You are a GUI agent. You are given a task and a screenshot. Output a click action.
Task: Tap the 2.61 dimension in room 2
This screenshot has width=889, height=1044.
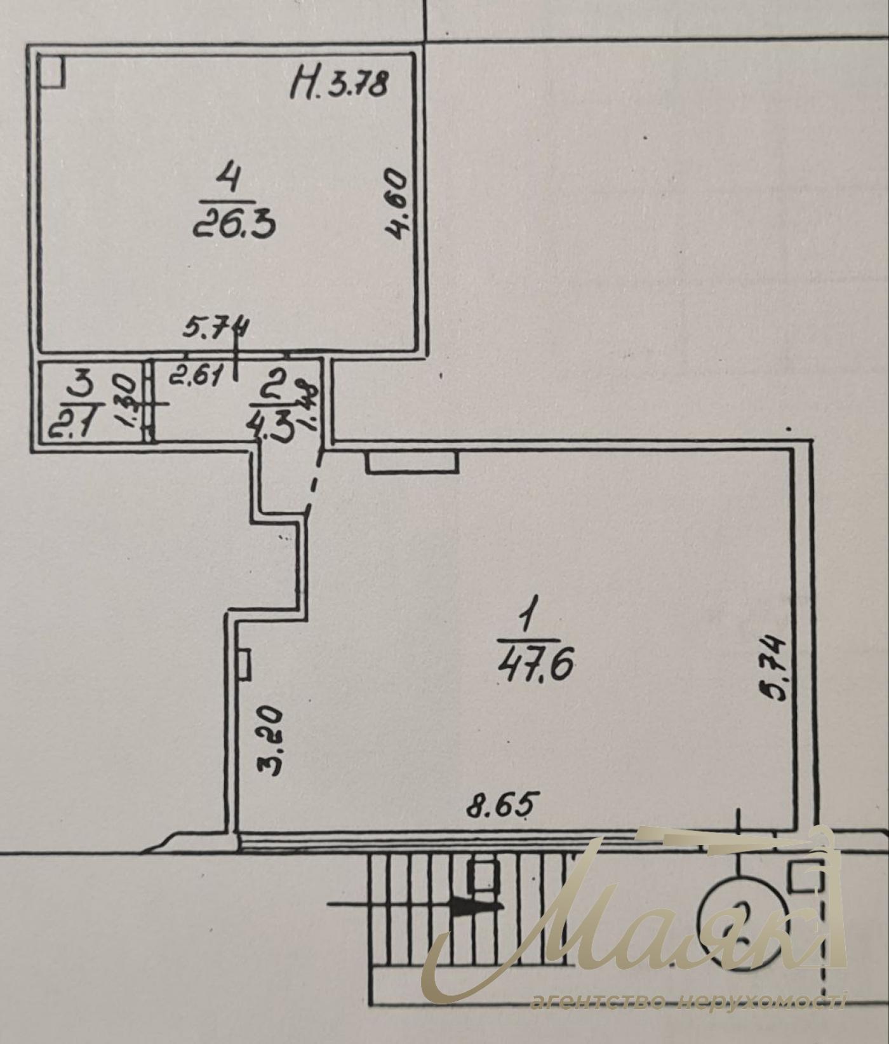[195, 379]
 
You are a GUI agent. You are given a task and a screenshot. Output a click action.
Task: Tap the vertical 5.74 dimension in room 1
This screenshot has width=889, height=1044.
[776, 667]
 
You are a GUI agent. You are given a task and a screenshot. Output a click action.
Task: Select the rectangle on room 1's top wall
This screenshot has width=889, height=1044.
[412, 462]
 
